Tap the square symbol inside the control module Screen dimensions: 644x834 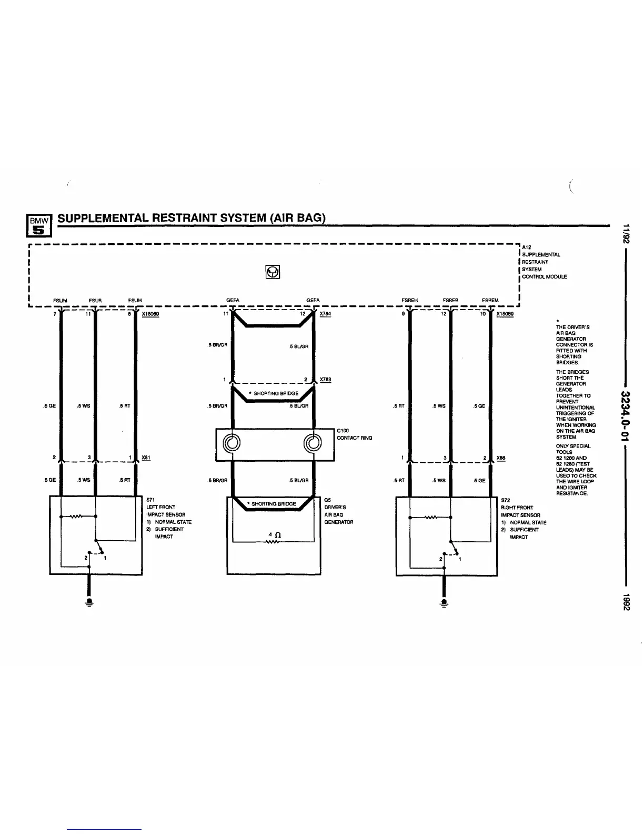point(272,272)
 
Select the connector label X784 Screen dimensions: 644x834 point(325,314)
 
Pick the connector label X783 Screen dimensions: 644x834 point(325,380)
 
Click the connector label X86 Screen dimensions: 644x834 point(501,458)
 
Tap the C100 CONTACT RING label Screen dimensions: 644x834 point(354,434)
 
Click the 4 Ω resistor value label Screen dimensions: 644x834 point(274,535)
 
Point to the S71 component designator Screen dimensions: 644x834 point(150,500)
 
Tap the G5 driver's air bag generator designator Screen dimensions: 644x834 point(327,500)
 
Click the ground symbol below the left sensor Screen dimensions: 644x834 point(89,602)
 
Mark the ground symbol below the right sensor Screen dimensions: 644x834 point(445,602)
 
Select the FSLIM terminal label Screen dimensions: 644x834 point(60,301)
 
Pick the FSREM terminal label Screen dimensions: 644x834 point(490,301)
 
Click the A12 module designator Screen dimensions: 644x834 point(527,247)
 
